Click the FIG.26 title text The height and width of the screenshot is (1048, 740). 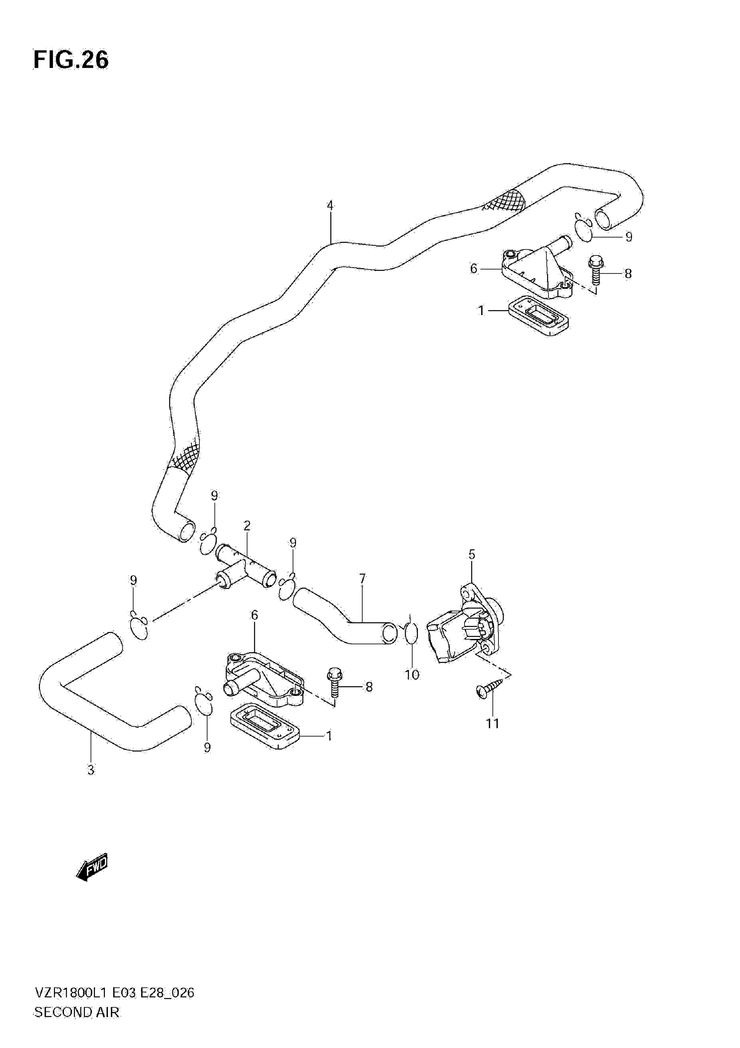click(x=71, y=60)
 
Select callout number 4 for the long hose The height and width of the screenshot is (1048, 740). click(x=330, y=205)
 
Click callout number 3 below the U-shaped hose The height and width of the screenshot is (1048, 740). click(x=91, y=770)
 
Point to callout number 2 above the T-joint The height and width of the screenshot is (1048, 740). click(x=247, y=525)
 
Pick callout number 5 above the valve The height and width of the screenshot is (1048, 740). click(x=471, y=554)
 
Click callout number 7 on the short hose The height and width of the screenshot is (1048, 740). click(x=363, y=579)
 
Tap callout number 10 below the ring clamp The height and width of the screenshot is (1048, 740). click(x=412, y=675)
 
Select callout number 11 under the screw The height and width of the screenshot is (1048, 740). click(x=493, y=723)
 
